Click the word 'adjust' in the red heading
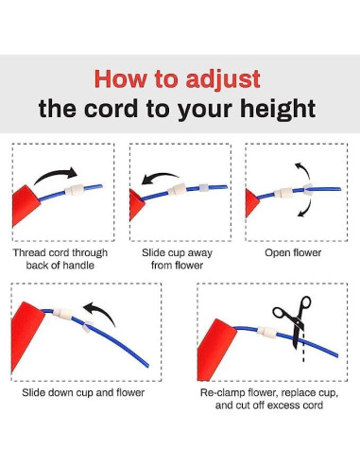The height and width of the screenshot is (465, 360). pos(223,79)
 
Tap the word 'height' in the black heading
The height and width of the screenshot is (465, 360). pos(278,109)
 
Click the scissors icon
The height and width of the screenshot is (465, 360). pos(293,320)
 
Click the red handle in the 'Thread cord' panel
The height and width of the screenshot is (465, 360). pos(26,205)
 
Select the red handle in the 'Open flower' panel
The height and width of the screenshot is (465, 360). pos(251,203)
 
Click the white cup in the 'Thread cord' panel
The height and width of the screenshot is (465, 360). pos(75,190)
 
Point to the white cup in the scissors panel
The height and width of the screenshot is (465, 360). pos(266,332)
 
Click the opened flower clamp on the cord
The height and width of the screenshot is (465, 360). pos(308,190)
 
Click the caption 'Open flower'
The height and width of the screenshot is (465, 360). pos(293,253)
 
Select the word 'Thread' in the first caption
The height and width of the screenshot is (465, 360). pos(28,253)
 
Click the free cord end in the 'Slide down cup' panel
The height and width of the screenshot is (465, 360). pos(147,366)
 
